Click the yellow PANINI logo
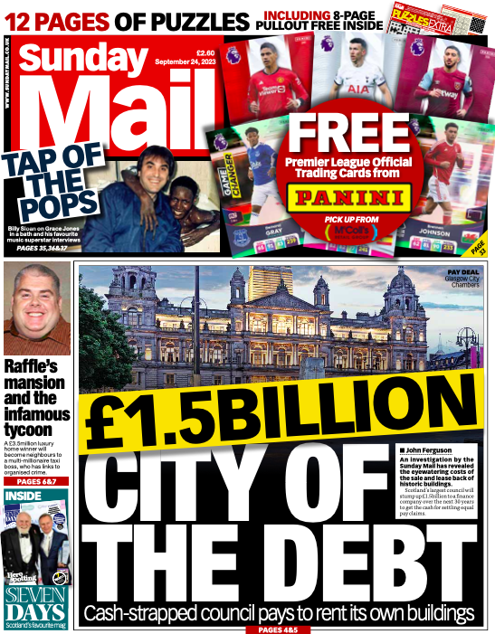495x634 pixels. click(x=348, y=197)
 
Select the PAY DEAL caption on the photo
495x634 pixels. click(x=462, y=270)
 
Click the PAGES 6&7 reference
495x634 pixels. click(x=26, y=483)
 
